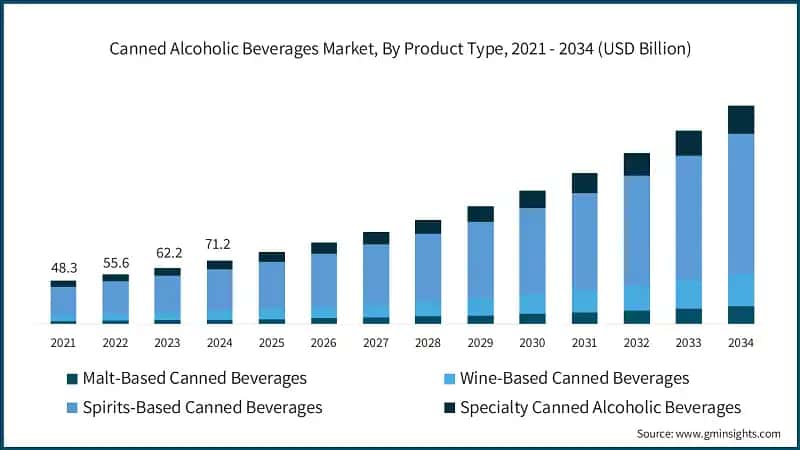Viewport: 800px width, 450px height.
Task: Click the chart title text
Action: coord(400,48)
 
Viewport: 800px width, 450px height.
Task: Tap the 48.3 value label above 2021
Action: coord(63,269)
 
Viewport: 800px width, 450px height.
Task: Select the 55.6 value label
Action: coord(115,262)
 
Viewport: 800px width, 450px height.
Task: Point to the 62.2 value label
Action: coord(167,255)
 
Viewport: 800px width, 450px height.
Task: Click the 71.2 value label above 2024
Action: coord(219,244)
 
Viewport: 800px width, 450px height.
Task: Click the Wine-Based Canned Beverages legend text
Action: coord(574,378)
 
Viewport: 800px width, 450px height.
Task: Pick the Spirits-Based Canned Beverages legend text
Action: coord(203,407)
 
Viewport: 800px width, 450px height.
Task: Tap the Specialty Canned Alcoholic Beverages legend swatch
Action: coord(449,408)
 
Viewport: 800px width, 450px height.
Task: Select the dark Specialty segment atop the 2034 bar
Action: coord(740,119)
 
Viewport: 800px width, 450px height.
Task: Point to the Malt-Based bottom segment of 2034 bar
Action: coord(740,315)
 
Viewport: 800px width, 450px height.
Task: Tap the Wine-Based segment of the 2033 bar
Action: coord(688,293)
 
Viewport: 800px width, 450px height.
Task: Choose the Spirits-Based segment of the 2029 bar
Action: coord(480,258)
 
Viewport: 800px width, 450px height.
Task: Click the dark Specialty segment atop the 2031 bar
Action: coord(584,182)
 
